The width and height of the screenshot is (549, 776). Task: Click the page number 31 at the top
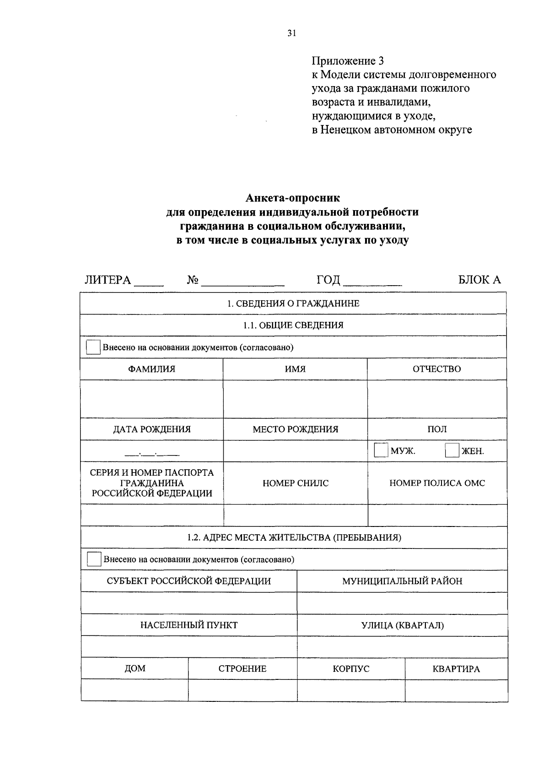tap(292, 33)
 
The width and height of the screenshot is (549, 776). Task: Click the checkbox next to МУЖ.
tap(381, 450)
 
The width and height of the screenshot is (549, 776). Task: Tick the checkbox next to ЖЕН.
tap(452, 450)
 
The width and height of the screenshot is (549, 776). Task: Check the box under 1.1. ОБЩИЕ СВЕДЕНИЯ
tap(93, 347)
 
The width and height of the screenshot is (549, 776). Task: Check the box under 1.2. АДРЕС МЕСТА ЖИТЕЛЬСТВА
tap(94, 559)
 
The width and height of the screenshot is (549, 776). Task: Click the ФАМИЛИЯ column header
tap(151, 369)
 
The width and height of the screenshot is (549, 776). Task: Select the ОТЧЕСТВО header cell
tap(436, 369)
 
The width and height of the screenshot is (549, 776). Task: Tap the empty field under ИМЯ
tap(295, 399)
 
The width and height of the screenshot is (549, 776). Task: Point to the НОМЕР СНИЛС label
tap(296, 483)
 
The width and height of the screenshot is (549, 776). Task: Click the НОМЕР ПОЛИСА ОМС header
tap(437, 483)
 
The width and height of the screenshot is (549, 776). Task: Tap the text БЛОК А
tap(479, 280)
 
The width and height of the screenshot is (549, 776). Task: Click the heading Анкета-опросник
tap(293, 198)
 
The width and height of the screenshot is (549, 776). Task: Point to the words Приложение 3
tap(348, 60)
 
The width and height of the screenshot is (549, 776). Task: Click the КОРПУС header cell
tap(351, 668)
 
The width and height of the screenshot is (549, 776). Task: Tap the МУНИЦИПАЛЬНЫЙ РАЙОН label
tap(402, 581)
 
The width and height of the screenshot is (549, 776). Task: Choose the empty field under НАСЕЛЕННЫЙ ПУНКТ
tap(188, 646)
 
